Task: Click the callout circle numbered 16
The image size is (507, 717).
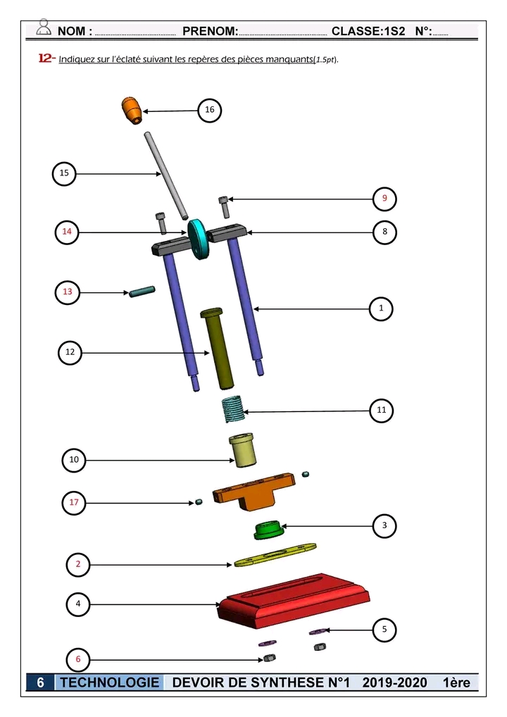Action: click(x=210, y=110)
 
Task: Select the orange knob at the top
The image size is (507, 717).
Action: click(x=130, y=110)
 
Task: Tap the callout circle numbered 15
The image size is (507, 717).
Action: click(x=65, y=173)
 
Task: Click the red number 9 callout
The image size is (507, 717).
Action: click(x=384, y=199)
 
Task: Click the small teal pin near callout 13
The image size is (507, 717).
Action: click(x=142, y=292)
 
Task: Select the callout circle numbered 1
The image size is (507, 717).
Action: click(x=382, y=308)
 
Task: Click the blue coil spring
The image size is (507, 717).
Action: click(x=232, y=409)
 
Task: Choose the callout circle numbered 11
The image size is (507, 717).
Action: click(x=382, y=410)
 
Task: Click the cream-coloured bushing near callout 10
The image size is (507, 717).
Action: click(x=243, y=450)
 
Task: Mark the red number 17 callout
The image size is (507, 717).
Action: click(x=74, y=503)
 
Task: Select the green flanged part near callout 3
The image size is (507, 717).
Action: click(x=267, y=530)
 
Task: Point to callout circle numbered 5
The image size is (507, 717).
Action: click(x=384, y=630)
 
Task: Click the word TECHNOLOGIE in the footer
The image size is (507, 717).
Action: click(x=110, y=682)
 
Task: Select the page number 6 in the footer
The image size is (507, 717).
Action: click(x=41, y=682)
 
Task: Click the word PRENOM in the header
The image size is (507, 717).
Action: click(x=209, y=31)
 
